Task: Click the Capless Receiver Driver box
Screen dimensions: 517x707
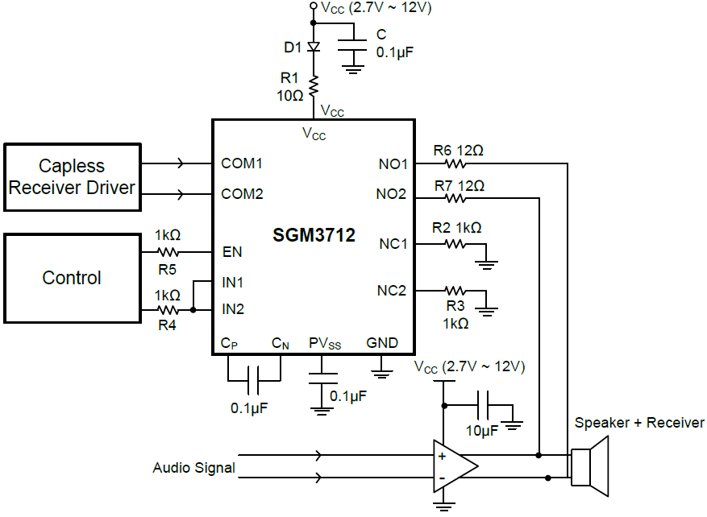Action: point(72,177)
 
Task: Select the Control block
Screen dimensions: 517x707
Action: point(72,278)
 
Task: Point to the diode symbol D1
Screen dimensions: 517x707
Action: point(314,48)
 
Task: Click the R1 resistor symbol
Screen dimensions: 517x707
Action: point(314,85)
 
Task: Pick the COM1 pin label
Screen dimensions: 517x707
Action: point(243,163)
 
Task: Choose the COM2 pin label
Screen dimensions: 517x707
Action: point(243,194)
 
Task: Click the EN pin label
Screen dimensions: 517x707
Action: point(232,252)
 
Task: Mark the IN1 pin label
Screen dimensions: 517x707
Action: point(233,283)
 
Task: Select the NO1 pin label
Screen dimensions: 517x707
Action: point(393,163)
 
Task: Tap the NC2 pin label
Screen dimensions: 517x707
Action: point(392,290)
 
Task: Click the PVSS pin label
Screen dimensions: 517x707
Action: point(325,343)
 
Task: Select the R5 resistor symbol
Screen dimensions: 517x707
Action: point(168,252)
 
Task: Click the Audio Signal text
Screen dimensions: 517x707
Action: point(193,468)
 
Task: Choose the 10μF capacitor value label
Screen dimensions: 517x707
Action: point(481,431)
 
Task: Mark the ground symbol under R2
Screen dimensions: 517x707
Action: point(487,263)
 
